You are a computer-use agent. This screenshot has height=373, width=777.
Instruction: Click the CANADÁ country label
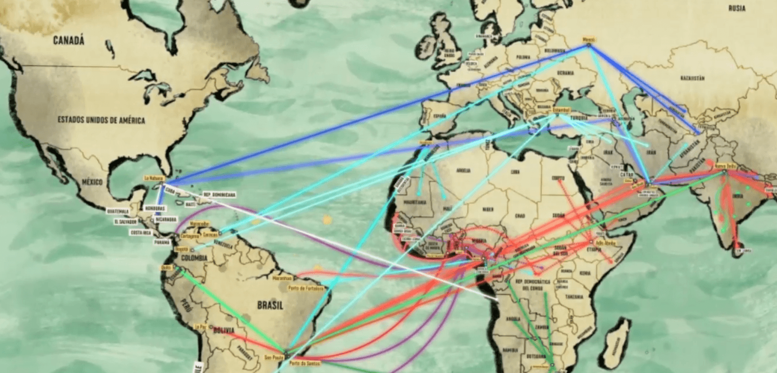tap(69, 40)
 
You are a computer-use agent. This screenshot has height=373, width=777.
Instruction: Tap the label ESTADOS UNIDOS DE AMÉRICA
tap(101, 120)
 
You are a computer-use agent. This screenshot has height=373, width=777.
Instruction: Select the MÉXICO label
tap(92, 182)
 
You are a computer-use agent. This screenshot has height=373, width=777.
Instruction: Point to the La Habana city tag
tap(152, 178)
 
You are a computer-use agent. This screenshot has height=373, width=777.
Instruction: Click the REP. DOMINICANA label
tap(219, 195)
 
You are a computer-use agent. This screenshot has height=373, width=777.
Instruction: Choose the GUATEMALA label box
tap(119, 212)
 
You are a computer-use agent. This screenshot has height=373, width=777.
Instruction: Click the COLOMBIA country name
tap(194, 258)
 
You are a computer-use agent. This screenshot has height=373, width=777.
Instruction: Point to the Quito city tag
tap(166, 267)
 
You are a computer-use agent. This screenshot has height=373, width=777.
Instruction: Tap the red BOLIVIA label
tap(224, 331)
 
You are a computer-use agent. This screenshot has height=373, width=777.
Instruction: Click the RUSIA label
tap(737, 8)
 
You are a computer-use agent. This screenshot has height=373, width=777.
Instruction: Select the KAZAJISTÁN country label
tap(692, 78)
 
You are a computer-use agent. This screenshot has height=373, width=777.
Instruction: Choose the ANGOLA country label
tap(514, 320)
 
